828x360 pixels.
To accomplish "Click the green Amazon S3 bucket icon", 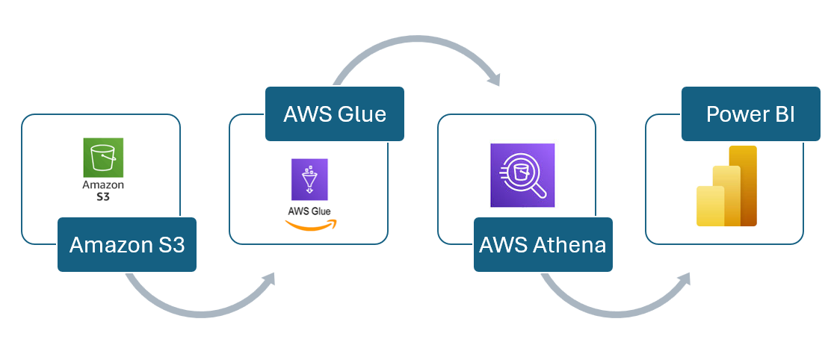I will pos(103,157).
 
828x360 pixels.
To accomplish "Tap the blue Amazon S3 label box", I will pos(127,244).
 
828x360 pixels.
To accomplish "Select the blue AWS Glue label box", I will pos(334,114).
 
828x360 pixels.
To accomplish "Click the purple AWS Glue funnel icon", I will pos(309,179).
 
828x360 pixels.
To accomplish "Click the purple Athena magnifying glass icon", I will pos(522,175).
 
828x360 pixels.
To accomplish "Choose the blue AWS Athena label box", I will pos(543,244).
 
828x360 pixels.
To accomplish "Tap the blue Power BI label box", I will pos(750,114).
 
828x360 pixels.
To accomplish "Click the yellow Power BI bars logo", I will pos(726,186).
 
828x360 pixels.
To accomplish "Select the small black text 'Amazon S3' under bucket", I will pos(103,190).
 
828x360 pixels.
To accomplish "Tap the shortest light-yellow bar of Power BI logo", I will pos(710,205).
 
